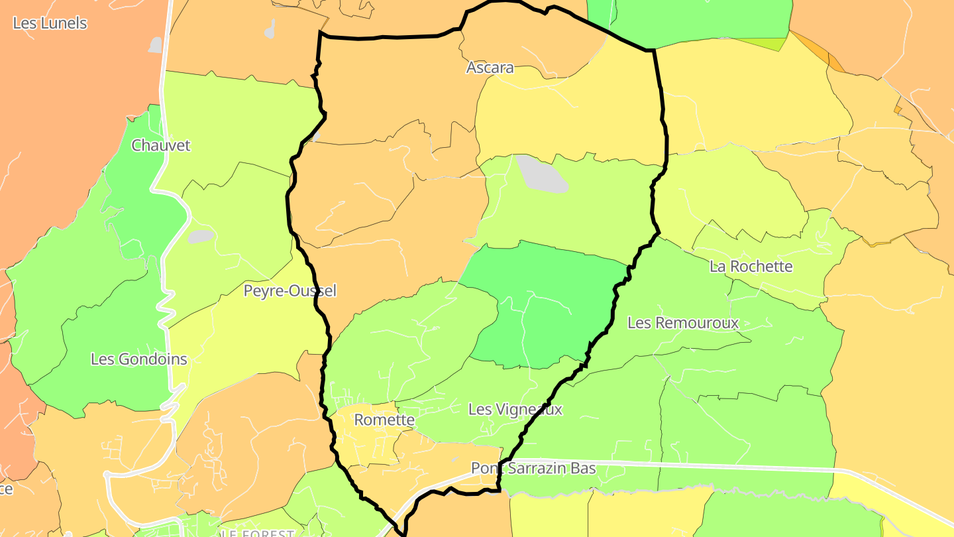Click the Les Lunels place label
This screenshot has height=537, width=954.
[x=50, y=23]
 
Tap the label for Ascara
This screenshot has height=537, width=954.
[x=490, y=68]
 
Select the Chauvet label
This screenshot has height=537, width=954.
[x=161, y=145]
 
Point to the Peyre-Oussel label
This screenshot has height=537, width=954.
[x=290, y=290]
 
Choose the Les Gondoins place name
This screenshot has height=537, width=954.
[x=139, y=359]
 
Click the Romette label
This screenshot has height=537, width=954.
[x=384, y=420]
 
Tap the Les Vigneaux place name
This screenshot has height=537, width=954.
[x=515, y=410]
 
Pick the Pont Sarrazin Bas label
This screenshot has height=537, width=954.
[x=533, y=468]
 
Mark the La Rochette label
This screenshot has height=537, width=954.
[x=751, y=267]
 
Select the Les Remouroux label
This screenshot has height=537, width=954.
[x=682, y=323]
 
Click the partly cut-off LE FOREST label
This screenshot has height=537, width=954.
[x=258, y=533]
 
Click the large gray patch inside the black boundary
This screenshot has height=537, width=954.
[x=541, y=174]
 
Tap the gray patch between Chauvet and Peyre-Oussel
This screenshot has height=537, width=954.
[x=200, y=237]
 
